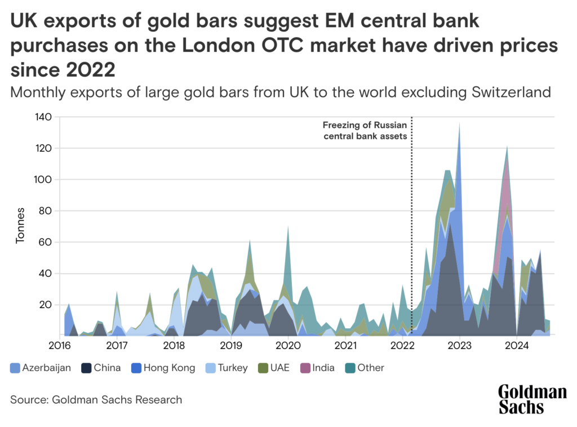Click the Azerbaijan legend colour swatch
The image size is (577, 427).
tap(15, 368)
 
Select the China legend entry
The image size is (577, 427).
tap(101, 368)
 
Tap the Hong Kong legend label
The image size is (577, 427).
tap(169, 368)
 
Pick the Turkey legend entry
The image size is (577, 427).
tap(227, 368)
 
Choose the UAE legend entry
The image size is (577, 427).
tap(274, 368)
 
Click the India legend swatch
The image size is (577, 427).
tap(305, 368)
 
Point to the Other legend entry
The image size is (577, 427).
tap(365, 368)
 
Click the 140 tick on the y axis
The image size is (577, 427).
tap(43, 117)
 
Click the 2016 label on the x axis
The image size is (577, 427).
tap(60, 346)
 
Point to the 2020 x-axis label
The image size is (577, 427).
tap(288, 346)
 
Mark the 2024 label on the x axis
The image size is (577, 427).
tap(517, 346)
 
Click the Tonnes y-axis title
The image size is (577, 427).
tap(20, 226)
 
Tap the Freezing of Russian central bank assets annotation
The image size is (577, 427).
tap(365, 130)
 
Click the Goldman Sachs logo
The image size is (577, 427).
tap(532, 399)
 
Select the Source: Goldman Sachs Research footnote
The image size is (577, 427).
tap(96, 400)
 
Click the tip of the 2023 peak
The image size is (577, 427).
tap(460, 122)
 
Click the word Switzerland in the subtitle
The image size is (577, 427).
tap(511, 92)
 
